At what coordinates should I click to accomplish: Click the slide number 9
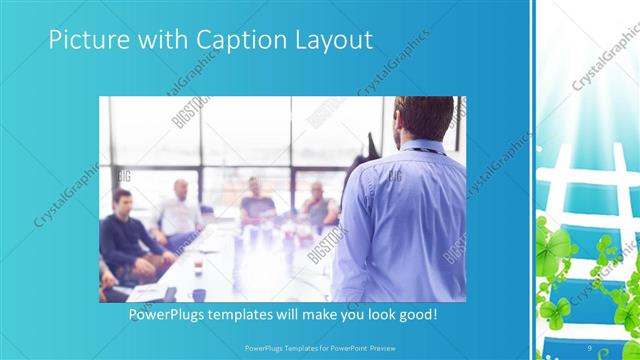point(591,347)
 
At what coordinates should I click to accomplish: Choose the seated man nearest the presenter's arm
point(319,205)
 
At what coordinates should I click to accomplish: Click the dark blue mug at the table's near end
point(199,294)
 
